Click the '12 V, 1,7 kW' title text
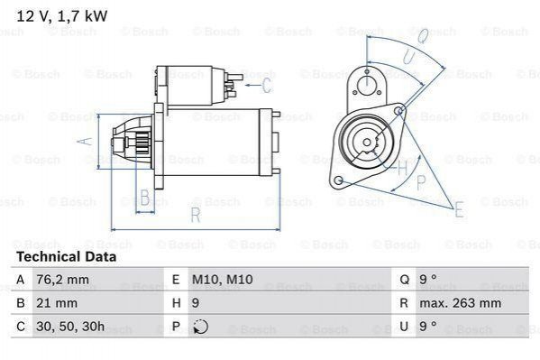[x=62, y=16]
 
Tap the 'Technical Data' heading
[x=67, y=257]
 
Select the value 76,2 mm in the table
[x=62, y=280]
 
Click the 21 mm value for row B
[x=57, y=303]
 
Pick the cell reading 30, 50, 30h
[x=70, y=327]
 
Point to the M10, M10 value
[x=222, y=280]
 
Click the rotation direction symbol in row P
[x=201, y=327]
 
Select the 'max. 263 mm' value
[x=460, y=303]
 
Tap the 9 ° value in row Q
[x=428, y=280]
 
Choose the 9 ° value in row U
[x=428, y=327]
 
